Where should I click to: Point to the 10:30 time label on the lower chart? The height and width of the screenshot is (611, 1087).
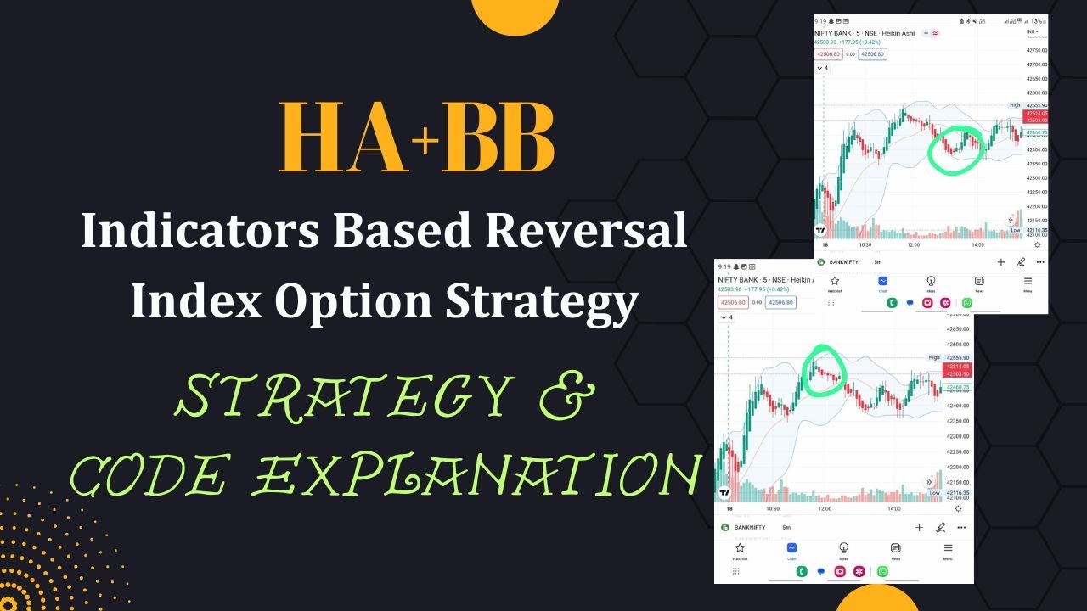coord(773,508)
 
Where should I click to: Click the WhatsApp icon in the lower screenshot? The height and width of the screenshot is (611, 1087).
coord(882,571)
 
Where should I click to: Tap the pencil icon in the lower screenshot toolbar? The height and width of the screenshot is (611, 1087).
coord(940,527)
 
